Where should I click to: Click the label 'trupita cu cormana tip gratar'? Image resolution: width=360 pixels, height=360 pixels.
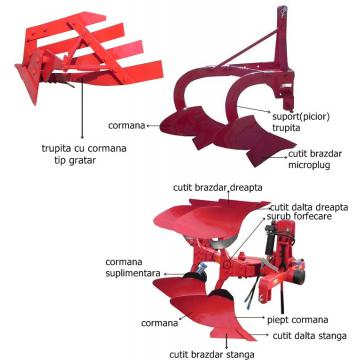click(x=84, y=154)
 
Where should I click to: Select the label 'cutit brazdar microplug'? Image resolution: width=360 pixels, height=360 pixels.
click(x=315, y=159)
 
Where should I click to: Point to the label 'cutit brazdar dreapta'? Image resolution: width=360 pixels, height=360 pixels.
click(x=218, y=188)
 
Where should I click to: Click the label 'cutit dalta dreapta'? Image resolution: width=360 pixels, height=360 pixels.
click(x=309, y=207)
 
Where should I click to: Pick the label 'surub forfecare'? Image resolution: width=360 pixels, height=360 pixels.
click(x=299, y=216)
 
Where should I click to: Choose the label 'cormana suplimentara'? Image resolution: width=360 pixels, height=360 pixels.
click(x=133, y=267)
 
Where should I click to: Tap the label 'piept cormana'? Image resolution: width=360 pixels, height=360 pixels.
click(x=298, y=320)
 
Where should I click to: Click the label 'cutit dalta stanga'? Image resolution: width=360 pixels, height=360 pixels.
click(x=310, y=336)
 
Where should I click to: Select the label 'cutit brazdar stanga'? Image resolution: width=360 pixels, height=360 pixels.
click(x=212, y=354)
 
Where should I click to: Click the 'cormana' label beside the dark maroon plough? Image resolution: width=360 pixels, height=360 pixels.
click(x=127, y=126)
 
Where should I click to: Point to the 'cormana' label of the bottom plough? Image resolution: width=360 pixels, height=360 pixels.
click(x=159, y=323)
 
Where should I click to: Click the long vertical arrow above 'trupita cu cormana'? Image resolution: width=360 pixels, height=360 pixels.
click(x=82, y=109)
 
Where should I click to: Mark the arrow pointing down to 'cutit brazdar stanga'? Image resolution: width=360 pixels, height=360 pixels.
click(x=227, y=340)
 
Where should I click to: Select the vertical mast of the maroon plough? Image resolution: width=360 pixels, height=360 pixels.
click(x=282, y=38)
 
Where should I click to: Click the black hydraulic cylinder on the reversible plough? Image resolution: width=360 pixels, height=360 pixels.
click(x=269, y=242)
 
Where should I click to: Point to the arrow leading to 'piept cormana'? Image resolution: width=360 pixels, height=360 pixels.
click(x=249, y=318)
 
